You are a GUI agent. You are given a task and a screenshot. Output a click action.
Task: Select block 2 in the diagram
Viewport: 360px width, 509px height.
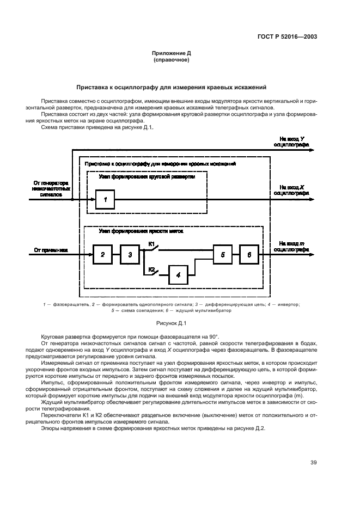tap(102, 254)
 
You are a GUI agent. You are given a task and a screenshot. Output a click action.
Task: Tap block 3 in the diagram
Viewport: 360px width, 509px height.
tap(130, 254)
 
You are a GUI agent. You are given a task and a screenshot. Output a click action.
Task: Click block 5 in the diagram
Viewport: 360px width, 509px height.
tap(222, 254)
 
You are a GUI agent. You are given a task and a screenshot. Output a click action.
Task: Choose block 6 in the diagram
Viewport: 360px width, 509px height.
tap(249, 254)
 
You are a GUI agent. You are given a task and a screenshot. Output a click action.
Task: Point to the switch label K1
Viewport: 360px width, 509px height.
tap(152, 243)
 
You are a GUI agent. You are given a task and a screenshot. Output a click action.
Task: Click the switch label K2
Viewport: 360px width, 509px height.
tap(152, 269)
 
